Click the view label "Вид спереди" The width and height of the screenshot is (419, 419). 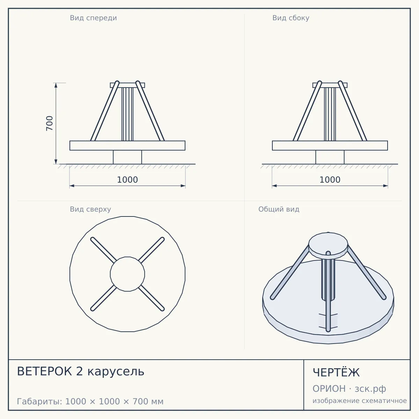[93, 18]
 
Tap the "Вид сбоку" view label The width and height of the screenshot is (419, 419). [291, 18]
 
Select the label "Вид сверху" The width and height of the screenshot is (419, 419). [90, 209]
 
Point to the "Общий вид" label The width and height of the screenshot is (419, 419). [279, 209]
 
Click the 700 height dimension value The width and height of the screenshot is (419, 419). [50, 123]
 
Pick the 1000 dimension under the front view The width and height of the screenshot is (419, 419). [127, 180]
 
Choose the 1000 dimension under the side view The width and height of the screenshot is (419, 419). [330, 180]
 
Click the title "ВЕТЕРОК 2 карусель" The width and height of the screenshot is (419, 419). [80, 371]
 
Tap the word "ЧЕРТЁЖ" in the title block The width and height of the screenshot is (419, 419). [336, 372]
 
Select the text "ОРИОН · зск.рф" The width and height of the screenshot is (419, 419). [349, 389]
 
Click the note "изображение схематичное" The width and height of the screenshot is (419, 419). [360, 400]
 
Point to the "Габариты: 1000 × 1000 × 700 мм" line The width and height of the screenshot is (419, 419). [90, 402]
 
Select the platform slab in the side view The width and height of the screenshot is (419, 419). [330, 146]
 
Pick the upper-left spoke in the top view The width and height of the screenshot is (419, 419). [103, 250]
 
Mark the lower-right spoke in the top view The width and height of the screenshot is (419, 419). [152, 298]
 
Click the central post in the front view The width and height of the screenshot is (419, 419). [127, 114]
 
